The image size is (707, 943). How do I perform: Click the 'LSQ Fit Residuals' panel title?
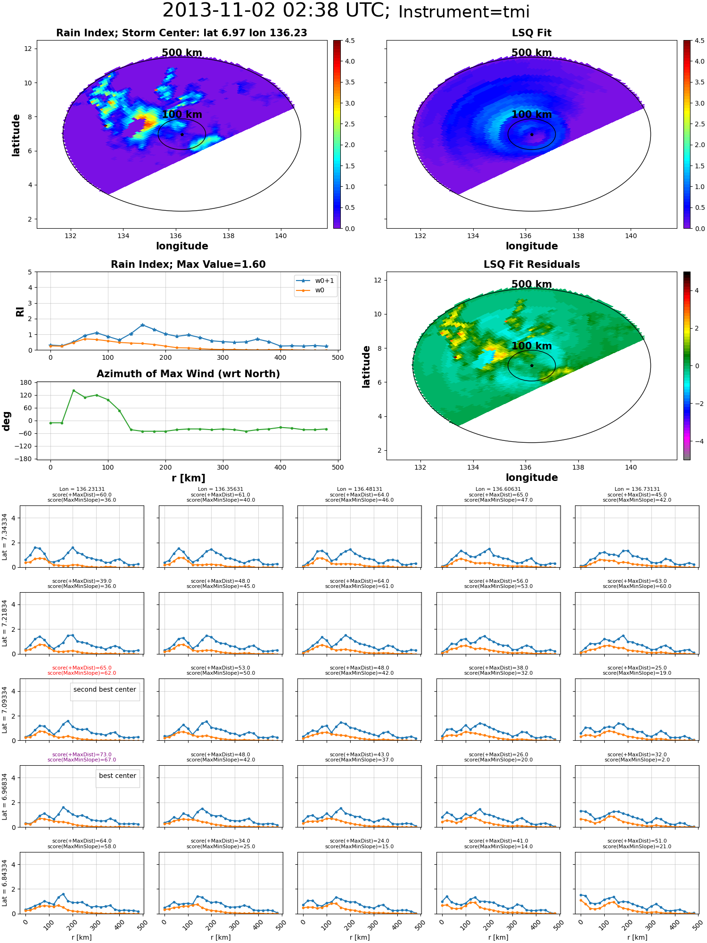point(532,265)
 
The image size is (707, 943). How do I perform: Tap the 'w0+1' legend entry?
point(316,281)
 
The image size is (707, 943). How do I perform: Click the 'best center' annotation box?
point(117,776)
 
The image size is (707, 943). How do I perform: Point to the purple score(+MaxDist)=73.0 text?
point(82,754)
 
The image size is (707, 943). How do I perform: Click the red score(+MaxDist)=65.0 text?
point(82,668)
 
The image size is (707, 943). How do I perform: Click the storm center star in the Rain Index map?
point(182,134)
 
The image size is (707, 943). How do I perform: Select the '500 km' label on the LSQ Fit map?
point(532,53)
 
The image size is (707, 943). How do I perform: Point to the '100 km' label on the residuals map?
point(532,346)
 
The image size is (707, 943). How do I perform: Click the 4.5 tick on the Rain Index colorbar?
point(350,41)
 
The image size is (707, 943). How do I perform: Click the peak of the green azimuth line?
point(74,390)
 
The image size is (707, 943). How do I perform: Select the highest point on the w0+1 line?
point(142,325)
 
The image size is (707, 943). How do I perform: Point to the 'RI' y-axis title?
point(20,312)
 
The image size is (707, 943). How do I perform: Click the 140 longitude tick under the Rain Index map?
point(280,236)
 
